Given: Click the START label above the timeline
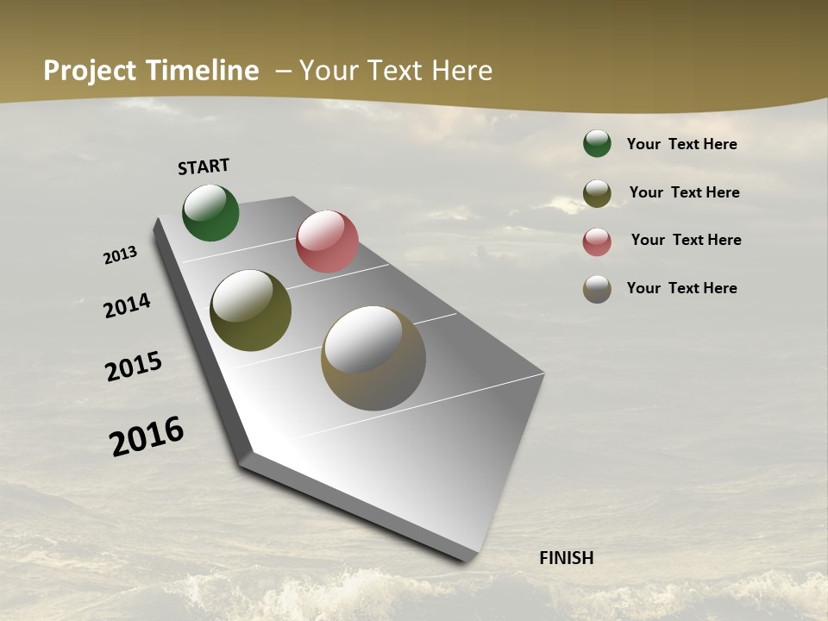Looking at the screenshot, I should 204,166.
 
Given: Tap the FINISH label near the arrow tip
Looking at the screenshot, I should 567,558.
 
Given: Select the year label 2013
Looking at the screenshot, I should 120,255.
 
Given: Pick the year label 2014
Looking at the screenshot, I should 127,305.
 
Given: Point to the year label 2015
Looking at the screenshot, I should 134,367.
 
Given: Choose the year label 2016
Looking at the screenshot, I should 147,436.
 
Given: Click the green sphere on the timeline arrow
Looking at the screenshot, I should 210,212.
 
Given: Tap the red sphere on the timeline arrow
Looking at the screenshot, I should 327,241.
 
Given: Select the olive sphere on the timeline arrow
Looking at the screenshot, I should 250,310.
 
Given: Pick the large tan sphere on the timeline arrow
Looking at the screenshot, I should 373,358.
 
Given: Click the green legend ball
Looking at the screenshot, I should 597,143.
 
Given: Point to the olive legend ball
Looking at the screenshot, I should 597,193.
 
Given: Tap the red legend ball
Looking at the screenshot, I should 597,241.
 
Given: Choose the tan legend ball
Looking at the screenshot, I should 597,289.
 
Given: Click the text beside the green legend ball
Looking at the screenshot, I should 681,144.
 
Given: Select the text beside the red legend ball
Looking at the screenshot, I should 686,240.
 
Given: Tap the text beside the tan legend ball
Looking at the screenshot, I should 681,288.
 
